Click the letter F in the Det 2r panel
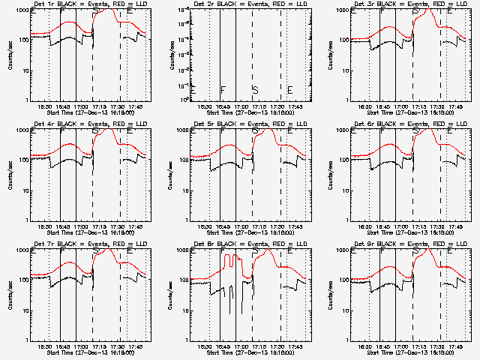223,90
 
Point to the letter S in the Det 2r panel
255,90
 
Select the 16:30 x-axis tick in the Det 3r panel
365,107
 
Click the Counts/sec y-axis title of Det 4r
9,175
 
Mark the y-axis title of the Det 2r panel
169,55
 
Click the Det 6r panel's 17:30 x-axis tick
437,227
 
